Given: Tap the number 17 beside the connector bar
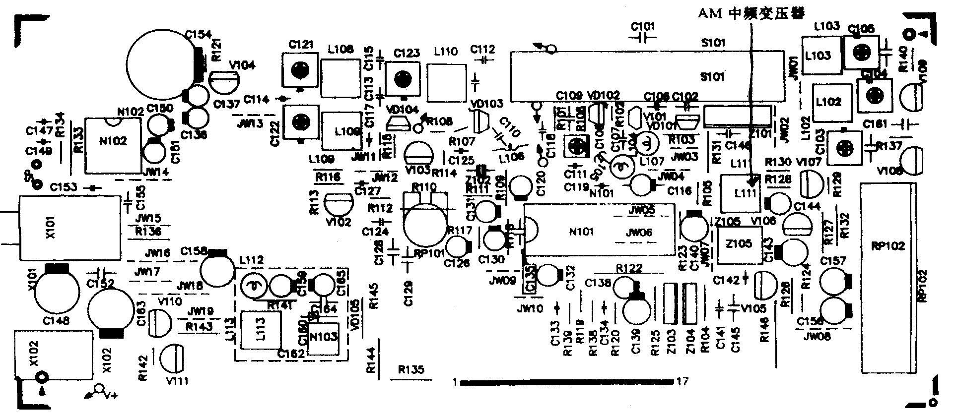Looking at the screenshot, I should coord(683,382).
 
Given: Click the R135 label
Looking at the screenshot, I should coord(411,369).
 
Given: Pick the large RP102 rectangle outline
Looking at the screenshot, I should coord(888,278).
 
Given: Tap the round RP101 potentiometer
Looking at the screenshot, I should coord(425,226).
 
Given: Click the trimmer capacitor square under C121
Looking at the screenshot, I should coord(299,71).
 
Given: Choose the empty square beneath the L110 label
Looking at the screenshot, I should coord(447,81).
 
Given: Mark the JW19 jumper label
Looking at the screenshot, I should coord(201,311).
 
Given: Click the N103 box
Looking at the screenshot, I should coord(324,337).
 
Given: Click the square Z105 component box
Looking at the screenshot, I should coord(740,245).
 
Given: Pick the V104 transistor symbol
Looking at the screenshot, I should coord(224,79).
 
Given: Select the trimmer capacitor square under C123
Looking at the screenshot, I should coord(403,78).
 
